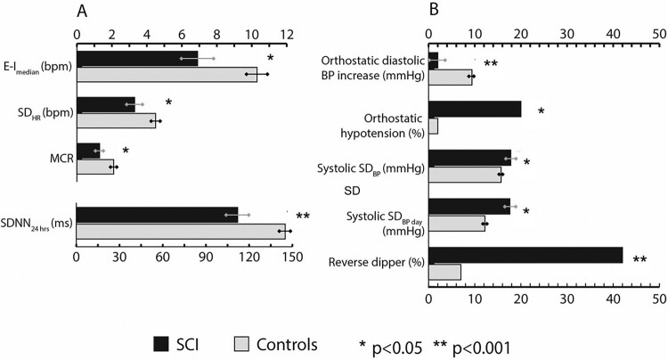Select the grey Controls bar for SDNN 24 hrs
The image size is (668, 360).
pyautogui.click(x=181, y=232)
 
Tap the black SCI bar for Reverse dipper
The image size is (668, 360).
pyautogui.click(x=525, y=255)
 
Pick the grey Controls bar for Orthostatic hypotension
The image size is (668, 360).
pyautogui.click(x=433, y=127)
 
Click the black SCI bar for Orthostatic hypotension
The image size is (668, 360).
pyautogui.click(x=475, y=110)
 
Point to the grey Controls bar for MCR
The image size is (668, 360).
pyautogui.click(x=95, y=167)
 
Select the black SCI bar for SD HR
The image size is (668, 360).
pyautogui.click(x=106, y=105)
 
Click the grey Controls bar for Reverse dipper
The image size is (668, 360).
pyautogui.click(x=444, y=273)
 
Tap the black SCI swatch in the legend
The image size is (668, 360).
pyautogui.click(x=161, y=344)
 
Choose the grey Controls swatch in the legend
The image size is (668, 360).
pyautogui.click(x=241, y=344)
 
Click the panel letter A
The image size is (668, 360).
pyautogui.click(x=82, y=12)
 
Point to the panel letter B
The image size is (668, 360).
pyautogui.click(x=434, y=10)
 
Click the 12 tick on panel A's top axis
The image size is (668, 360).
pyautogui.click(x=287, y=35)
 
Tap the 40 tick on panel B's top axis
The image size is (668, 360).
pyautogui.click(x=614, y=35)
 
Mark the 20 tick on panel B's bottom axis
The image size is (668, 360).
pyautogui.click(x=521, y=299)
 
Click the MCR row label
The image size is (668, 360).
pyautogui.click(x=61, y=159)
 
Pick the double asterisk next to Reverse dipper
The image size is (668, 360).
pyautogui.click(x=639, y=259)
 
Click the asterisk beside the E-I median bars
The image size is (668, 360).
pyautogui.click(x=270, y=58)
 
